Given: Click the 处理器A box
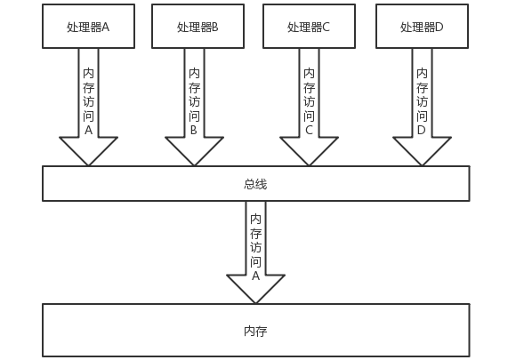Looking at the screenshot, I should [x=88, y=27].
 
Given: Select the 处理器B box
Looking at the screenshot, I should [x=198, y=27].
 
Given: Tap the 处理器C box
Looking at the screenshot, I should [x=309, y=27].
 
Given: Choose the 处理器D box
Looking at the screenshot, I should [x=422, y=27].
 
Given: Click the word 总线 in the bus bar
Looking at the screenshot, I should [x=255, y=184].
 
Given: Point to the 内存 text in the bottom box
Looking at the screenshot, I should [x=255, y=331].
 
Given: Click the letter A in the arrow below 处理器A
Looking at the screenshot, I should [x=88, y=130].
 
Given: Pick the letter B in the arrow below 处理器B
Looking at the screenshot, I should [x=194, y=130].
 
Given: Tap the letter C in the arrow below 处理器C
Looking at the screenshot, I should [x=309, y=130].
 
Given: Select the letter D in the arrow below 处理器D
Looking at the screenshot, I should [x=422, y=130].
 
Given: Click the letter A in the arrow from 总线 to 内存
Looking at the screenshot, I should [x=255, y=276].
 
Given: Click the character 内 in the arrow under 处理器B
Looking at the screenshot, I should [x=194, y=73].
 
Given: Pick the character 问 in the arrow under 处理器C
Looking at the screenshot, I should [x=309, y=116].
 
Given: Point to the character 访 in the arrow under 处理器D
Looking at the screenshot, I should [x=422, y=101].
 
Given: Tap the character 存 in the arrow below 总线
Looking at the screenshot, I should [x=255, y=233].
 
